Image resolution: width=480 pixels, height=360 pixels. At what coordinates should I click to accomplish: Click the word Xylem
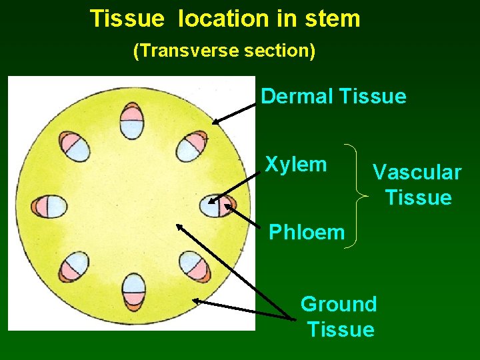(x=296, y=164)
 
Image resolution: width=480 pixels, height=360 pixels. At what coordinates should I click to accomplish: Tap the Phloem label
(x=307, y=232)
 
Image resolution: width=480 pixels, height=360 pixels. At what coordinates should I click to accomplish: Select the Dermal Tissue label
(x=333, y=96)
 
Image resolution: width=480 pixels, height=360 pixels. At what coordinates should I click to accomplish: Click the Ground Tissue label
(x=339, y=317)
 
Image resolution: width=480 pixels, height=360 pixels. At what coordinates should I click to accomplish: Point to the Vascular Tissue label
(x=417, y=185)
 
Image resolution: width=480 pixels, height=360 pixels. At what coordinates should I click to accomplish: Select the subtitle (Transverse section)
(x=225, y=51)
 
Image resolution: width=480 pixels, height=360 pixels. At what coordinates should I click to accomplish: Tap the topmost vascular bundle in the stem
(x=132, y=121)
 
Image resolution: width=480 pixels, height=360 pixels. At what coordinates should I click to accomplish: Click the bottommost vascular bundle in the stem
(x=133, y=292)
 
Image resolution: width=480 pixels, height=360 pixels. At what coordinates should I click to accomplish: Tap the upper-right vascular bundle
(x=193, y=145)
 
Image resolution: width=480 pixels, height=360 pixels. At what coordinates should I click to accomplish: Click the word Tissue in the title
(x=127, y=19)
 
